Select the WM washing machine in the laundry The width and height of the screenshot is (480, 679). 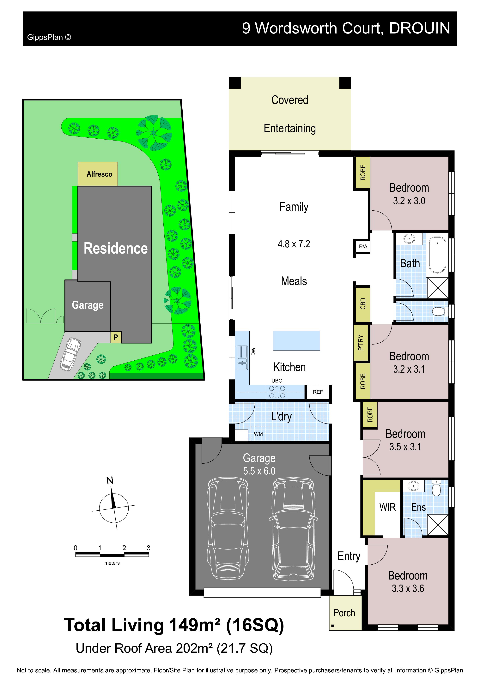[x=258, y=434]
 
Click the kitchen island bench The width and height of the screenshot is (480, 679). [x=296, y=341]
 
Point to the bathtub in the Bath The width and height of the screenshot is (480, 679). [x=437, y=255]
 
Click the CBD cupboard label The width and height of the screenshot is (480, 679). [x=363, y=304]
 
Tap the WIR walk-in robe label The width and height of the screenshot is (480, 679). [x=387, y=507]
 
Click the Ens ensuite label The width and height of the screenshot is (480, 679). [x=418, y=507]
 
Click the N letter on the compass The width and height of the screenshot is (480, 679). [x=110, y=481]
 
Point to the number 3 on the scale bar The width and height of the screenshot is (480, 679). [x=149, y=548]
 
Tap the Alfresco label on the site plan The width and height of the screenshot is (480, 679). [x=99, y=174]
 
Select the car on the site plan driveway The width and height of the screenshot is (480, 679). [x=71, y=354]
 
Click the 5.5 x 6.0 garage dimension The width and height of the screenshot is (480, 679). [x=259, y=471]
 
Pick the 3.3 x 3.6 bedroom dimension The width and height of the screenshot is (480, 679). [x=408, y=588]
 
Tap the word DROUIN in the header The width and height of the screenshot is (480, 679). [x=420, y=28]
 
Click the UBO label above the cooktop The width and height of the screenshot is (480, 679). [x=277, y=381]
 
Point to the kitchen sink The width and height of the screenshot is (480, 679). [x=242, y=358]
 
